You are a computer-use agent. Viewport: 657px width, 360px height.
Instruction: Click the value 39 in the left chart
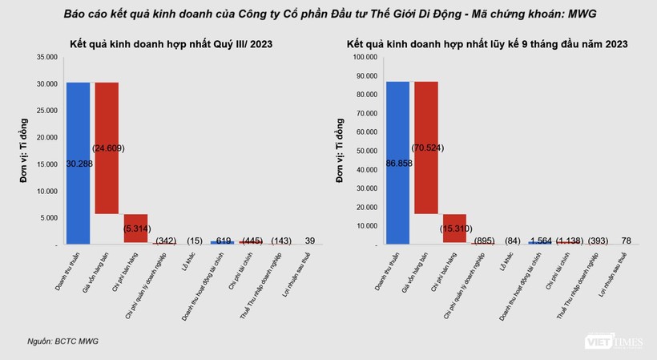[x=309, y=240]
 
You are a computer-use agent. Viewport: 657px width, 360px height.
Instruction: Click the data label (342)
[x=165, y=240]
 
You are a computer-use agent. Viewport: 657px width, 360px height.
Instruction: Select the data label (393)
[x=598, y=240]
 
